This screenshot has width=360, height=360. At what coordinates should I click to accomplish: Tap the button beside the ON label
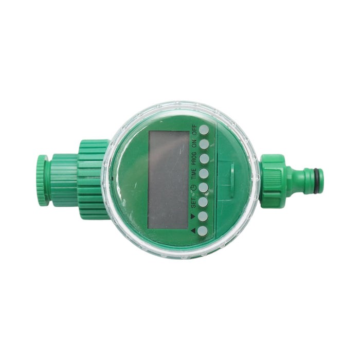pyautogui.click(x=204, y=143)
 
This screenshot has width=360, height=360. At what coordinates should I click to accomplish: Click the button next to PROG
pyautogui.click(x=204, y=158)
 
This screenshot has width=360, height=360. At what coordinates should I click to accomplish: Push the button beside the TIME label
pyautogui.click(x=204, y=173)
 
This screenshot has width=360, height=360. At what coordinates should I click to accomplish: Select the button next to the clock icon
pyautogui.click(x=204, y=188)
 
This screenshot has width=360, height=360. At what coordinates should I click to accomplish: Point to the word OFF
pyautogui.click(x=194, y=129)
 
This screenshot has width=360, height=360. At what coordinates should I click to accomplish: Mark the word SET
pyautogui.click(x=194, y=202)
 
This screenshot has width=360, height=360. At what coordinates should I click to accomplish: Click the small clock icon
pyautogui.click(x=194, y=188)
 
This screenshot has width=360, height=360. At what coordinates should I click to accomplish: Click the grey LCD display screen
pyautogui.click(x=168, y=179)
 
